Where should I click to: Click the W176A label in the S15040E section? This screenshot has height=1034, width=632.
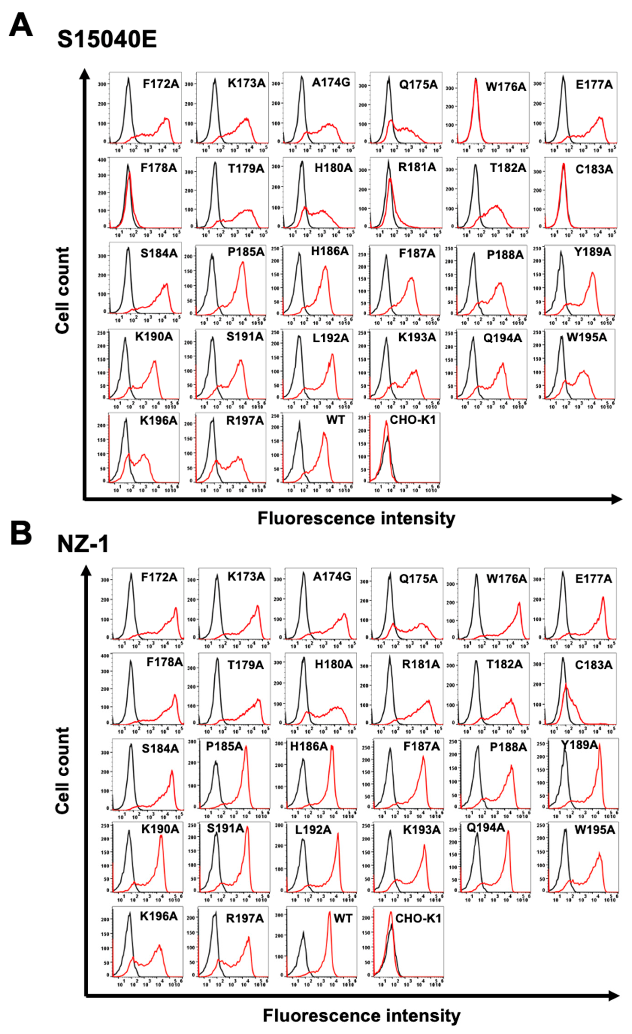pos(506,87)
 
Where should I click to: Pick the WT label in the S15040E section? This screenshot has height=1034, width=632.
pos(335,420)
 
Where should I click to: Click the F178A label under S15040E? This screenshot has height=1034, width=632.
pos(158,168)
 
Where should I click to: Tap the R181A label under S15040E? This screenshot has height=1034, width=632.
pos(417,167)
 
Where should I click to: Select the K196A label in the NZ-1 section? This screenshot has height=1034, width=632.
pos(158,916)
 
